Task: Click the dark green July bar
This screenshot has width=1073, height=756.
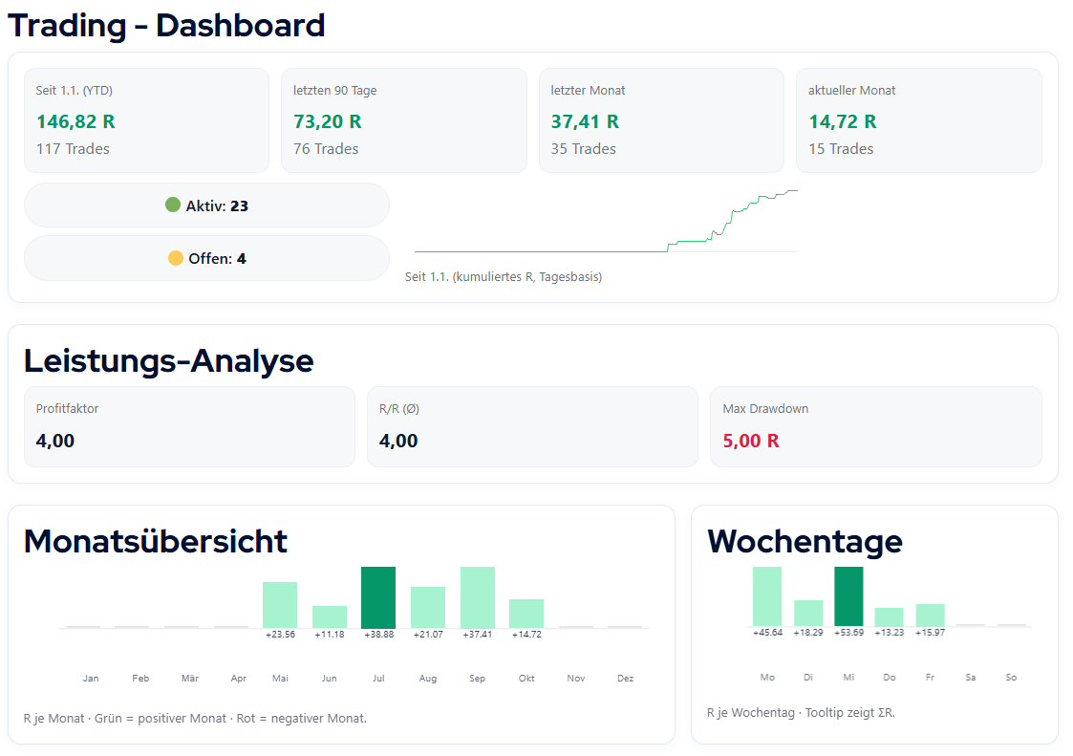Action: coord(378,597)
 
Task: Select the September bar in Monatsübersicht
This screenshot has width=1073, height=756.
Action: coord(478,597)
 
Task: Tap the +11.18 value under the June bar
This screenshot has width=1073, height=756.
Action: coord(330,635)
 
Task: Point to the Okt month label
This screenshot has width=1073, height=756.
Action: coord(526,679)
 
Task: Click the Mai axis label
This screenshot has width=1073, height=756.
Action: coord(280,679)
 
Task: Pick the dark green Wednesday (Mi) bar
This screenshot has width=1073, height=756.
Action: coord(848,596)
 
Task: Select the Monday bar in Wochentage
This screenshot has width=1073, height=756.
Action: coord(767,596)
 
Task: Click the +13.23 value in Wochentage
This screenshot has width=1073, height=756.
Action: coord(889,633)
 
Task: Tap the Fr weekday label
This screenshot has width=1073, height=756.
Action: coord(930,678)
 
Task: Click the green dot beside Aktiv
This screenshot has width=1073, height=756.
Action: coord(173,205)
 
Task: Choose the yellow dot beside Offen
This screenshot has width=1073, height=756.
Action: coord(176,258)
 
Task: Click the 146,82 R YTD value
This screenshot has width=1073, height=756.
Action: coord(75,121)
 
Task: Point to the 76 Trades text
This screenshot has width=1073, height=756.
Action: coord(326,149)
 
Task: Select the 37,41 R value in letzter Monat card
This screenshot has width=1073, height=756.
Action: coord(585,121)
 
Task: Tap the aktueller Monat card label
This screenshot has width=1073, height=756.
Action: coord(852,91)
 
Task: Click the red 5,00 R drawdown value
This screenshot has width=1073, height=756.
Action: coord(751,441)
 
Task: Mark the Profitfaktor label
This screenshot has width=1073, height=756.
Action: coord(67,409)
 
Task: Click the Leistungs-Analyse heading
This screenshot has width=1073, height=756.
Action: coord(168,360)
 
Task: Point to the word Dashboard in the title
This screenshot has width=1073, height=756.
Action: coord(241,25)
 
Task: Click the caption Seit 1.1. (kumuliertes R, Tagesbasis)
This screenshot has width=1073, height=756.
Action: coord(504,277)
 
